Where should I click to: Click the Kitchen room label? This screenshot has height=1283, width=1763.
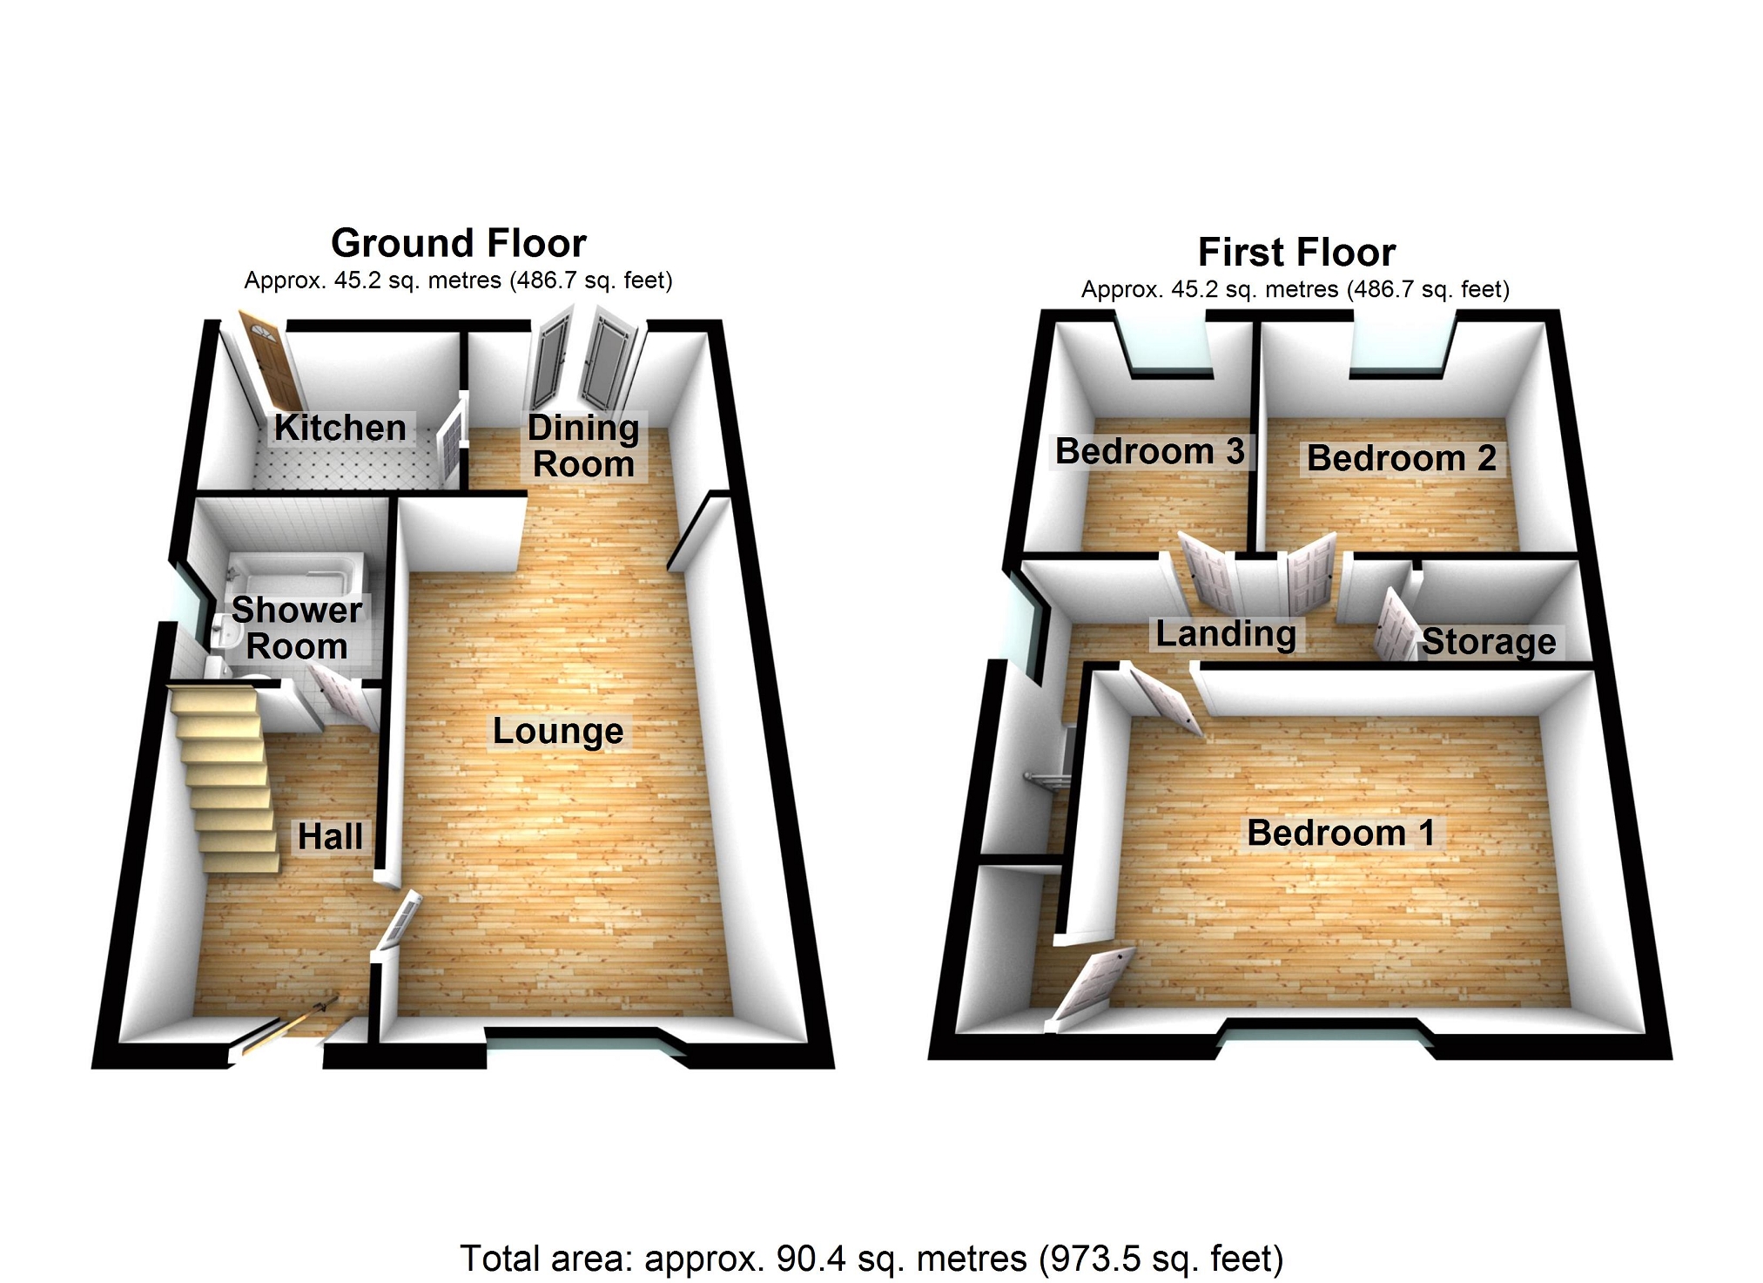[x=340, y=428]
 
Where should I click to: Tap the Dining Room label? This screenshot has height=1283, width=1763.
[x=583, y=446]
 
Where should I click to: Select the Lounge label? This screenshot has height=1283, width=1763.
[x=558, y=731]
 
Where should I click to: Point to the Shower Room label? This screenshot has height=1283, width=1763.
[x=297, y=628]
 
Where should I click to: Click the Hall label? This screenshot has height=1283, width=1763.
[x=330, y=836]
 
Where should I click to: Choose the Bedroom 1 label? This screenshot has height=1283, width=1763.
[x=1341, y=833]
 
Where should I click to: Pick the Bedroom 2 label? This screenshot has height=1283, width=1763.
[x=1401, y=458]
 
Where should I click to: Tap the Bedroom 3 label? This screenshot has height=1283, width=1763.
[x=1149, y=451]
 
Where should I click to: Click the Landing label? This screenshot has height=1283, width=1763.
[x=1226, y=633]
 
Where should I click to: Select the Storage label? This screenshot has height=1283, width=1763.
[x=1489, y=642]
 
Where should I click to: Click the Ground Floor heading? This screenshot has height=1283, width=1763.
[x=459, y=243]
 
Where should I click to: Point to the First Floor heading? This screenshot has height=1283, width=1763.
[x=1296, y=253]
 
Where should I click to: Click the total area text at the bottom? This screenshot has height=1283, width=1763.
[x=871, y=1259]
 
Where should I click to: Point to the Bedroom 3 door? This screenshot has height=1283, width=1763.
[x=1206, y=571]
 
